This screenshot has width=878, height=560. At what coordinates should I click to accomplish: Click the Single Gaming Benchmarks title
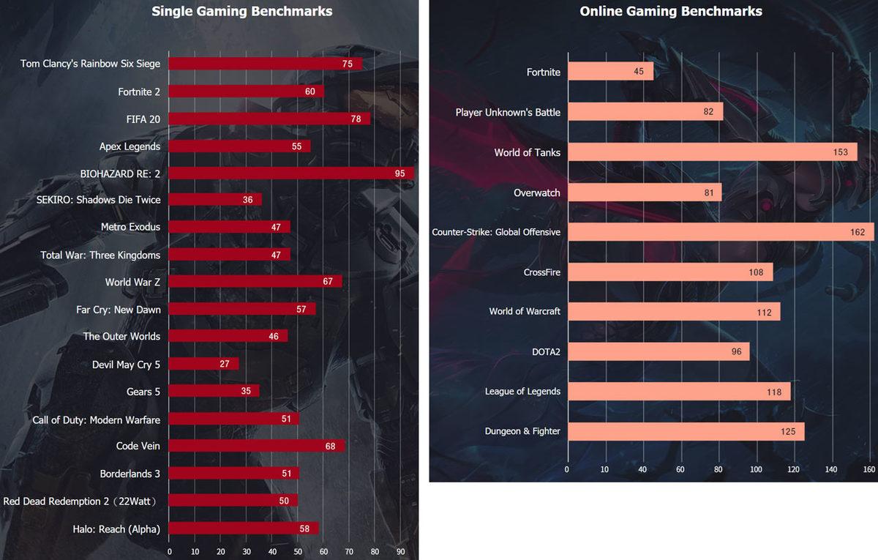[241, 11]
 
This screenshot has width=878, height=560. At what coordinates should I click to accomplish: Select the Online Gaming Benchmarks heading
[670, 11]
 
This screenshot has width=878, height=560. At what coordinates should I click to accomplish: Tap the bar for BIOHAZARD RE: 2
[291, 173]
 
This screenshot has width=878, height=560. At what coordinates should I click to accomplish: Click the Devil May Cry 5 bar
[203, 364]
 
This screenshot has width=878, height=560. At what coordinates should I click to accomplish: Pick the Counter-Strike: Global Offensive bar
[721, 232]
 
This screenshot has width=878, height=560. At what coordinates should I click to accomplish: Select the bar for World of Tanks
[712, 152]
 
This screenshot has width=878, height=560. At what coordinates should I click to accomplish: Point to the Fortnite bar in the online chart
[610, 72]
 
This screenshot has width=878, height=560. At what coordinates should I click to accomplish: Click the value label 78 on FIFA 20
[356, 119]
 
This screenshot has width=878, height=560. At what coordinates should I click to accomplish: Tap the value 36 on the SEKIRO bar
[248, 200]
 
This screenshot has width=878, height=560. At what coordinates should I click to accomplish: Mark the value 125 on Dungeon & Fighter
[787, 432]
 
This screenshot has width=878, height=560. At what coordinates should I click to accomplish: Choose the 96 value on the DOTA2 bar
[736, 352]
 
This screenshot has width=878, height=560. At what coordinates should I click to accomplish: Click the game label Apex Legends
[130, 146]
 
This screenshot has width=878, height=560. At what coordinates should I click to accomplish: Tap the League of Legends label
[522, 392]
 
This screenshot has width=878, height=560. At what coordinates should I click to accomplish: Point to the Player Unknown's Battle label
[508, 112]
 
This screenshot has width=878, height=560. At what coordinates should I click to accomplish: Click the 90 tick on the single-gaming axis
[400, 551]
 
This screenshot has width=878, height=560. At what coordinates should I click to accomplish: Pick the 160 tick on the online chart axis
[869, 469]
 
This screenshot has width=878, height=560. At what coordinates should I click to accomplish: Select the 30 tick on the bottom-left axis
[247, 551]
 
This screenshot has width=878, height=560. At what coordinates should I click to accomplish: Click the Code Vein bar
[256, 446]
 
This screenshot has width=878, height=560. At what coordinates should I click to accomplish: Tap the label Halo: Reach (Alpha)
[116, 529]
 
